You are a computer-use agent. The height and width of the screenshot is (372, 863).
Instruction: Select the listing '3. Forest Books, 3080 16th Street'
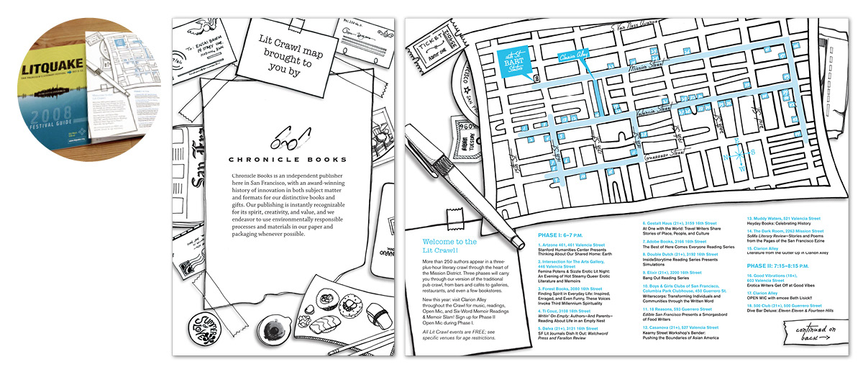pyautogui.click(x=575, y=288)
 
